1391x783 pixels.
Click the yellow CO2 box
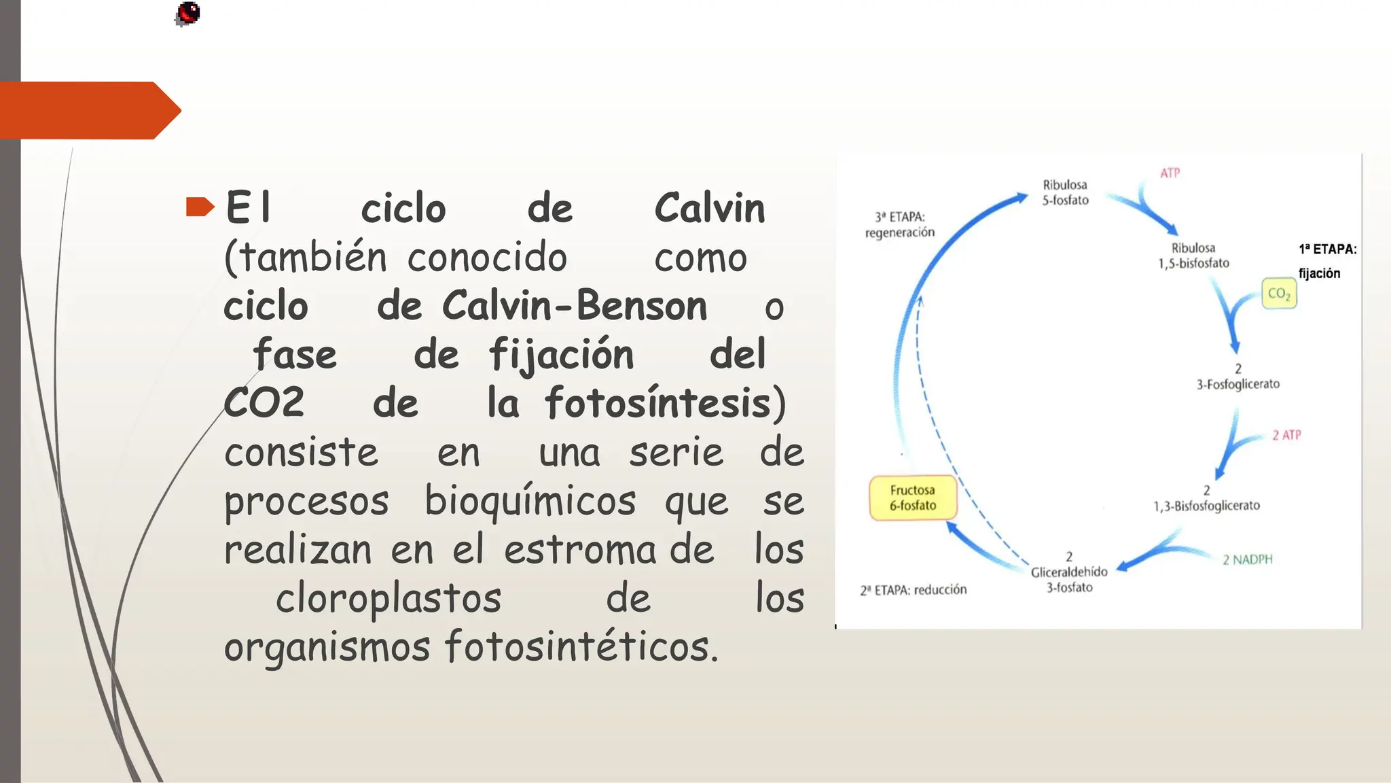click(x=1279, y=294)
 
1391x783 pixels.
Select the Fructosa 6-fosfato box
click(x=913, y=498)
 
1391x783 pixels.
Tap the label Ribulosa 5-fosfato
click(x=1065, y=192)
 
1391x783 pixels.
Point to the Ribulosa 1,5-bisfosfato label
click(x=1193, y=256)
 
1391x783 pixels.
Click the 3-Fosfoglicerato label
click(x=1238, y=377)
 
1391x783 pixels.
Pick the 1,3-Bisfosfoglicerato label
click(x=1206, y=499)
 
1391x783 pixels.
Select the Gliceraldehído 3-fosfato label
click(x=1069, y=573)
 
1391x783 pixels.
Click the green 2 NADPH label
click(x=1247, y=559)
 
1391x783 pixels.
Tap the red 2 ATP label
click(x=1286, y=435)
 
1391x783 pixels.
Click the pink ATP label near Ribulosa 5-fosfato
click(x=1170, y=173)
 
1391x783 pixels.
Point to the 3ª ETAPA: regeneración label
click(x=900, y=224)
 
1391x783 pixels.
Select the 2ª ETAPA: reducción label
click(x=914, y=590)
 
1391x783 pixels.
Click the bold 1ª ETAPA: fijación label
click(x=1326, y=261)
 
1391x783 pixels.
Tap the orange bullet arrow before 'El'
click(x=200, y=207)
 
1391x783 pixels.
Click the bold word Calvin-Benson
click(x=575, y=305)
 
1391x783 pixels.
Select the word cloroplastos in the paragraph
click(x=389, y=598)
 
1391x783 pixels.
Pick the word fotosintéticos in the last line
click(x=581, y=646)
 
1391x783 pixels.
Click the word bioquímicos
click(x=530, y=501)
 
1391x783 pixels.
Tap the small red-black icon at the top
click(x=187, y=14)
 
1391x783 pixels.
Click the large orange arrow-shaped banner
click(x=88, y=110)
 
